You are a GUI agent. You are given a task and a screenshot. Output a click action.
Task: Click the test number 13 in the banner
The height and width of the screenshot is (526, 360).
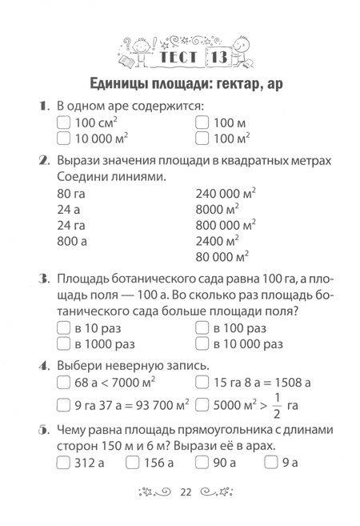[218, 58]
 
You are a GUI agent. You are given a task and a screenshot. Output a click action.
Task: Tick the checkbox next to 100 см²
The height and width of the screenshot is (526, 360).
[66, 124]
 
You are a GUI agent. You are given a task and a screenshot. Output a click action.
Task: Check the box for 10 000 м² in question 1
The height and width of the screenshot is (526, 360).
[66, 140]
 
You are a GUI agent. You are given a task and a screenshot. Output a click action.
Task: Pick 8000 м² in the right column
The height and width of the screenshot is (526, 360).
[218, 208]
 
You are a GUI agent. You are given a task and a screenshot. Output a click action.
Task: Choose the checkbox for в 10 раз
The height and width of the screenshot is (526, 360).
[66, 328]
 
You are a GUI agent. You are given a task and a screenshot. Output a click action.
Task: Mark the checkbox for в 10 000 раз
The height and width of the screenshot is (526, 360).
[202, 344]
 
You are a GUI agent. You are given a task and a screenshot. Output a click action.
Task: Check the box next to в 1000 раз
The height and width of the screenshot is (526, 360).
[66, 344]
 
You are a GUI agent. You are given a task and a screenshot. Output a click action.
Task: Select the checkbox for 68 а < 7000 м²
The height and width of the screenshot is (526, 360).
[66, 382]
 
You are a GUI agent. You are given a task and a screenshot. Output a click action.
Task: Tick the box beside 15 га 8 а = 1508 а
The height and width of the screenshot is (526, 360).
[202, 382]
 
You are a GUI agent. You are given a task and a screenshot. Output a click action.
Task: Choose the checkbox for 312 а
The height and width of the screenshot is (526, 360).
[66, 462]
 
